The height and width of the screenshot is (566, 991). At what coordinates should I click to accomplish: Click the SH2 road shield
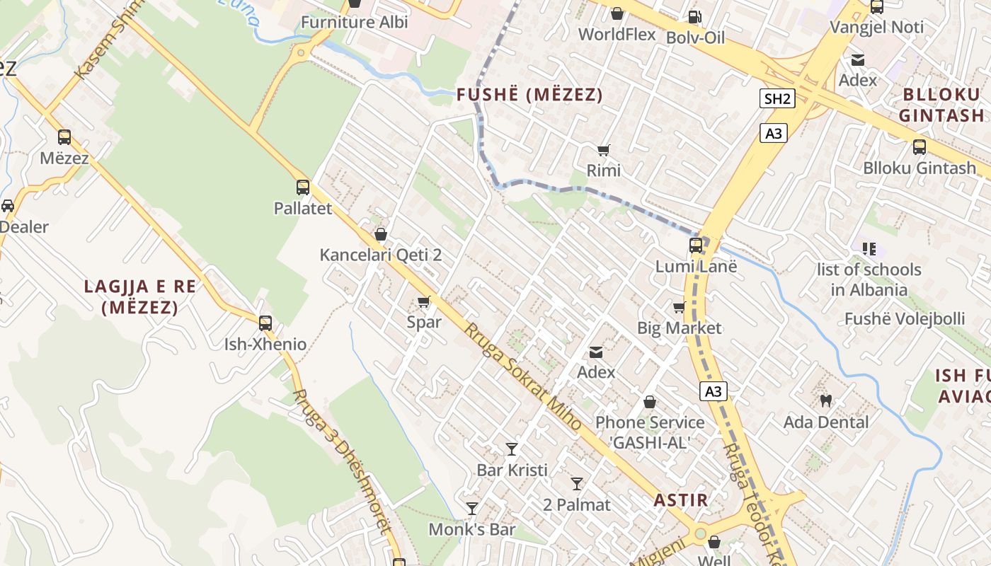pyautogui.click(x=777, y=98)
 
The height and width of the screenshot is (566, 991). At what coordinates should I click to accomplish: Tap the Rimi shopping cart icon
pyautogui.click(x=604, y=150)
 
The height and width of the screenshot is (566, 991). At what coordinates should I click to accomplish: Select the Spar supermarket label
pyautogui.click(x=424, y=322)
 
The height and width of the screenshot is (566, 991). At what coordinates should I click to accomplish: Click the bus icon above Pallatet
pyautogui.click(x=303, y=187)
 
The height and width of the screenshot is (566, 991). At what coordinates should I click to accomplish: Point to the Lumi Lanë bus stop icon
pyautogui.click(x=696, y=246)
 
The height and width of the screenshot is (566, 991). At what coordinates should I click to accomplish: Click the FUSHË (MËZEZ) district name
pyautogui.click(x=529, y=95)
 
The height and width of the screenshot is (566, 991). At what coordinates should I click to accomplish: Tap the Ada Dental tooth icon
pyautogui.click(x=825, y=401)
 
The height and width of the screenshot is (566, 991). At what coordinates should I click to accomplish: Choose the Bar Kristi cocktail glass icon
pyautogui.click(x=512, y=449)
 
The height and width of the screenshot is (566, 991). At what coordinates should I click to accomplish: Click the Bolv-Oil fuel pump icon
pyautogui.click(x=695, y=17)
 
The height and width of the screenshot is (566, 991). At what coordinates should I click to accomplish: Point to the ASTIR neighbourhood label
pyautogui.click(x=680, y=499)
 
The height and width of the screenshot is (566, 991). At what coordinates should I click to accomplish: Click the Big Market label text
pyautogui.click(x=679, y=328)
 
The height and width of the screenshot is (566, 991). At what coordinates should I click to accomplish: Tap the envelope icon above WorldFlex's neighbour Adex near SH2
pyautogui.click(x=858, y=60)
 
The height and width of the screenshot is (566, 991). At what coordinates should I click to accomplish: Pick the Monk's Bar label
pyautogui.click(x=472, y=529)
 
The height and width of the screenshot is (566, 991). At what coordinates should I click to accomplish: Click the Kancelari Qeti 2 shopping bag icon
pyautogui.click(x=381, y=234)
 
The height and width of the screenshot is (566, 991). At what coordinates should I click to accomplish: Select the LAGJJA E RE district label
pyautogui.click(x=139, y=296)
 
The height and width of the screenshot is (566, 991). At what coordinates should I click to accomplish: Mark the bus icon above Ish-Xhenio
pyautogui.click(x=265, y=323)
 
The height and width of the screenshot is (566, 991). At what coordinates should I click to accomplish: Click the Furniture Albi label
pyautogui.click(x=355, y=22)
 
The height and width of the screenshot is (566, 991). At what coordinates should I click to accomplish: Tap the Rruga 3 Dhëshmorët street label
pyautogui.click(x=342, y=460)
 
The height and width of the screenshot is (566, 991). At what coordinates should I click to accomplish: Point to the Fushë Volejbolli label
pyautogui.click(x=905, y=318)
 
